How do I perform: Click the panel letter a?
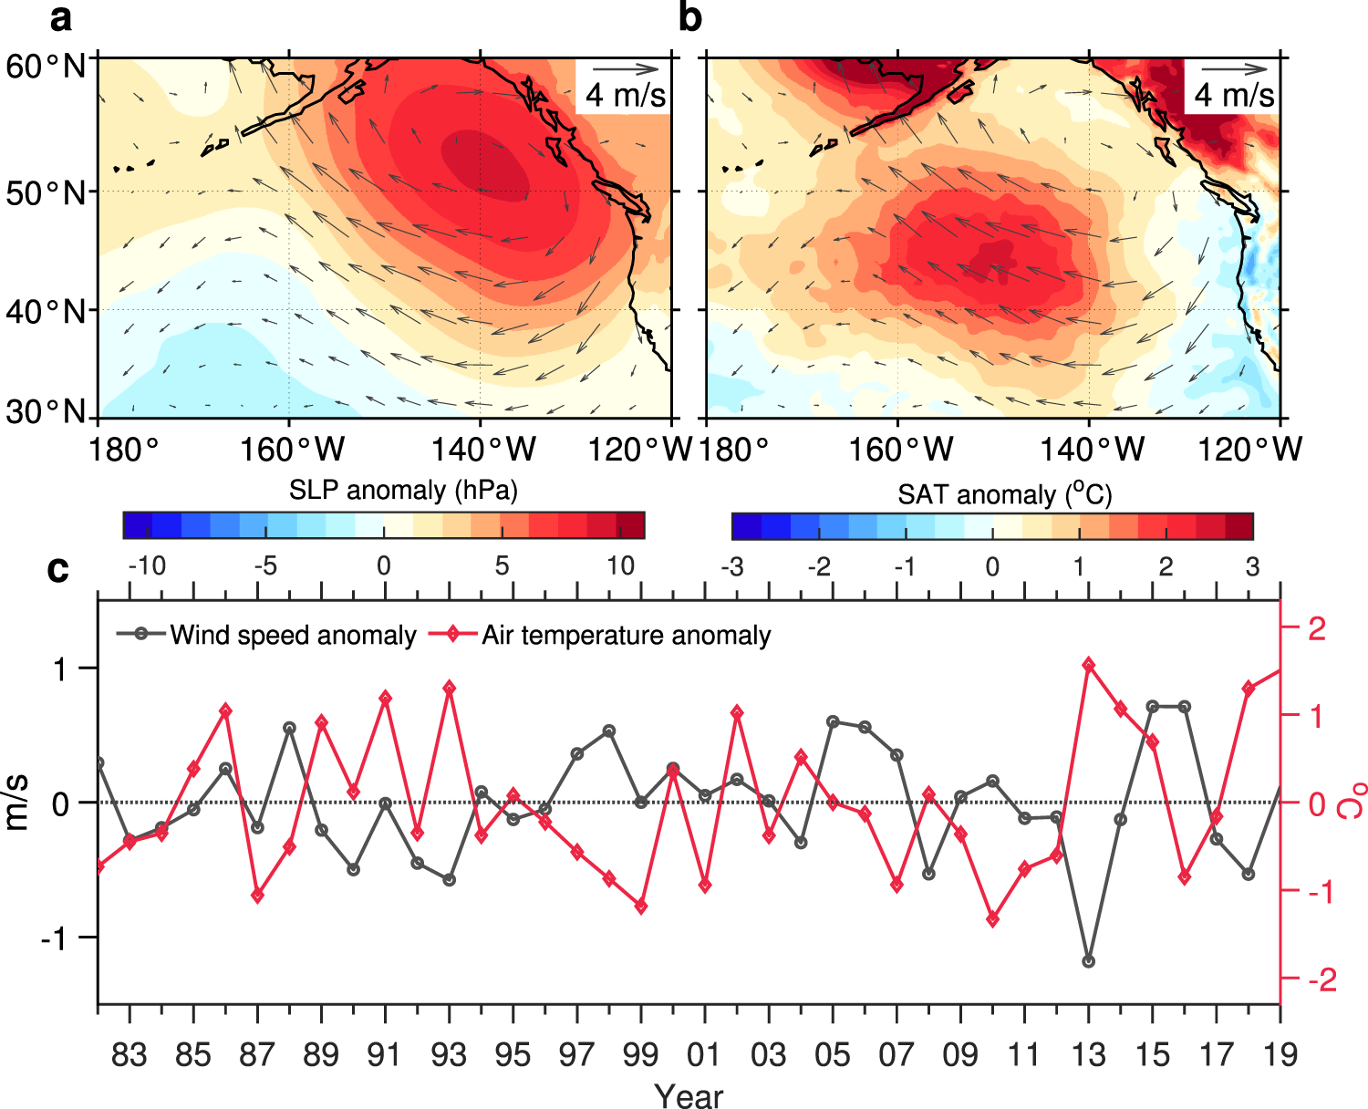point(59,17)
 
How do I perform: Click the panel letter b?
point(690,17)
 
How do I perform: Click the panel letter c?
point(57,569)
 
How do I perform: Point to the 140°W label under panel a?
point(482,449)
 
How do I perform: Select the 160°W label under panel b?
point(900,449)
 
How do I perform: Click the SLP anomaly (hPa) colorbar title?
point(403,491)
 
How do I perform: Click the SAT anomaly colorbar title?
point(1004,494)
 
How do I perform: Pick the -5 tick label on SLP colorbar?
point(265,566)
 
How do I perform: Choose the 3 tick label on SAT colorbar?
point(1252,566)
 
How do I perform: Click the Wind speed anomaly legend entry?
point(292,635)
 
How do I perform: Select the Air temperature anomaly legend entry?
point(626,635)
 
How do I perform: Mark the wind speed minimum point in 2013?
point(1088,961)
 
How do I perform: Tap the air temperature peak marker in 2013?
point(1088,665)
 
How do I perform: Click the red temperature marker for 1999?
point(641,907)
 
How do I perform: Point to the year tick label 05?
point(832,1054)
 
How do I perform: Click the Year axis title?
point(689,1095)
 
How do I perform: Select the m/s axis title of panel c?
point(18,803)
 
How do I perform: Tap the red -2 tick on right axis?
point(1321,979)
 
